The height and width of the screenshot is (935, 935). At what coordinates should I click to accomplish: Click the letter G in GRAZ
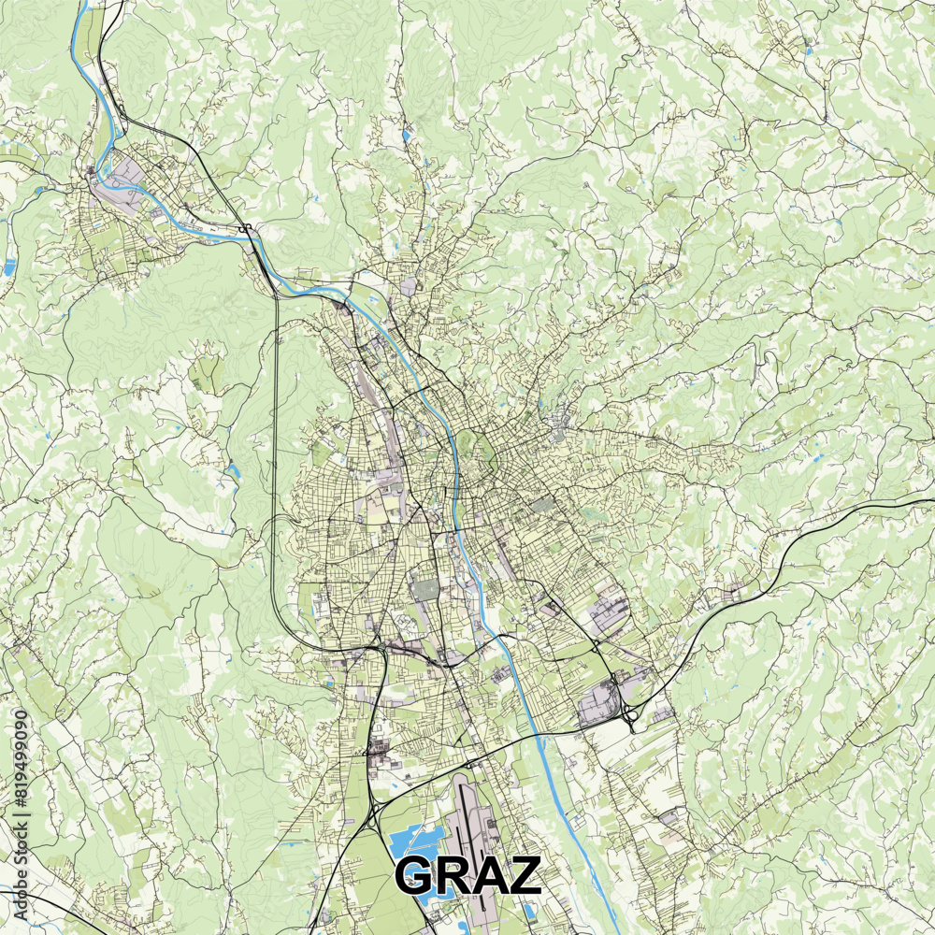tap(417, 876)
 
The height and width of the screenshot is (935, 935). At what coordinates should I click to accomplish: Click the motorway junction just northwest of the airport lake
tap(373, 805)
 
